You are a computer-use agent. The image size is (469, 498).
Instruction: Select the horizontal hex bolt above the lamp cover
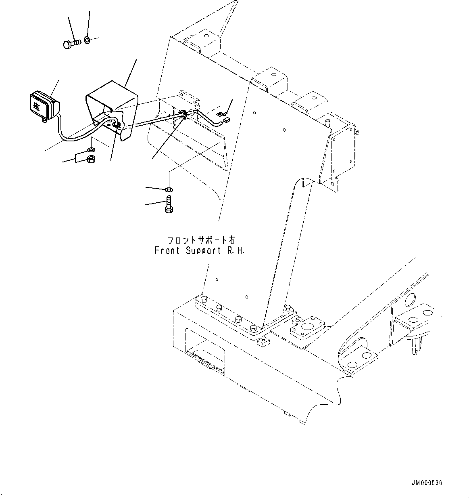pyautogui.click(x=72, y=43)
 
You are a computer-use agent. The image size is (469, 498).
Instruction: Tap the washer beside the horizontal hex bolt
pyautogui.click(x=88, y=40)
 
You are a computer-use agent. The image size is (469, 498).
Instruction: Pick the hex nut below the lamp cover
pyautogui.click(x=92, y=159)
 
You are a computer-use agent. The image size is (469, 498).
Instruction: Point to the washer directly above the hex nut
pyautogui.click(x=92, y=150)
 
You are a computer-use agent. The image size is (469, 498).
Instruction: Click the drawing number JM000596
pyautogui.click(x=427, y=483)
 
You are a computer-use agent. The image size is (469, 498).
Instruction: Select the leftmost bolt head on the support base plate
pyautogui.click(x=202, y=300)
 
